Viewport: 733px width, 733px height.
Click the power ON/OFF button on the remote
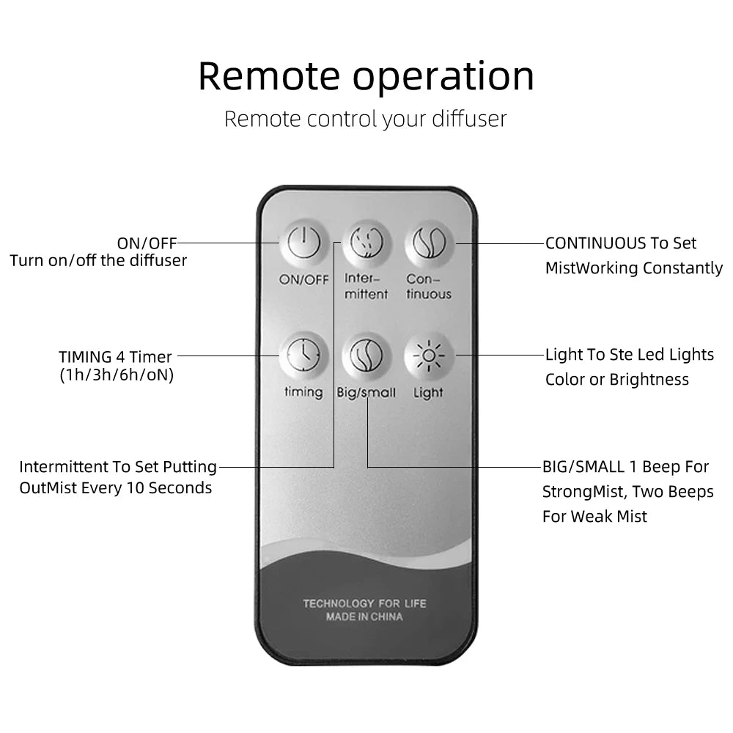303,243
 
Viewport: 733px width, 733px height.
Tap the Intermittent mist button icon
366,243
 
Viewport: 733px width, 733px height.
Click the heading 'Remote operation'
366,76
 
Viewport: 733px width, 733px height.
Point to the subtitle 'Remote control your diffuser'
365,119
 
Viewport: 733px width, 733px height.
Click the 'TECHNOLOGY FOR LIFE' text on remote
364,603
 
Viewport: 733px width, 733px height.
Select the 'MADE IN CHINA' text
364,617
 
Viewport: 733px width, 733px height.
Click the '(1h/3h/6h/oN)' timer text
116,376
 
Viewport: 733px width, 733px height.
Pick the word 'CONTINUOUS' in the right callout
596,243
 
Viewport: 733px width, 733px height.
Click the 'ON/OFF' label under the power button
303,279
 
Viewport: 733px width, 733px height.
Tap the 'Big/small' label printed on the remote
366,393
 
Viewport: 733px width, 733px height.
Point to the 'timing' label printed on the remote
303,392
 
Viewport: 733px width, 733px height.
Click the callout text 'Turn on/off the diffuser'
98,260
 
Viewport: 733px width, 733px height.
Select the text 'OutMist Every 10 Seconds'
116,488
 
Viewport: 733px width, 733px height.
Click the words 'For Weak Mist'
594,516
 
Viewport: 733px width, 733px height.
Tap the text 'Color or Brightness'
617,380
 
